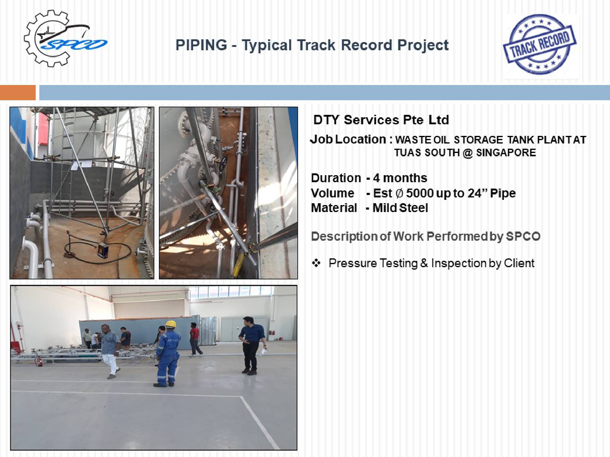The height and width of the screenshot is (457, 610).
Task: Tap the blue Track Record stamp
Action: pos(540,44)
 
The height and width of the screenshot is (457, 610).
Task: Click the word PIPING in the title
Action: pos(201,45)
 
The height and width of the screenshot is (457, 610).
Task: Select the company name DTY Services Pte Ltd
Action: pos(381,120)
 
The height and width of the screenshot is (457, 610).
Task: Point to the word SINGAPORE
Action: pos(506,152)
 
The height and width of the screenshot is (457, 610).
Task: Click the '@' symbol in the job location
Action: pos(468,153)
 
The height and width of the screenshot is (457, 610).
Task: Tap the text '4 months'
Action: pos(400,178)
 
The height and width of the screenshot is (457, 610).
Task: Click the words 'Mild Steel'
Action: pos(400,208)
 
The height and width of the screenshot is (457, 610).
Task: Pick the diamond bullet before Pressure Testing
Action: pos(316,263)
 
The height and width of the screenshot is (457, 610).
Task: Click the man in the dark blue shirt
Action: pos(251,345)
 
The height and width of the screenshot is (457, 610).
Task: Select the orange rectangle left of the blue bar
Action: pos(18,92)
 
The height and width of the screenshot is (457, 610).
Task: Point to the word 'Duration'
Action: pos(336,178)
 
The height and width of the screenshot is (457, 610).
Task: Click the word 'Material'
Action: pos(334,208)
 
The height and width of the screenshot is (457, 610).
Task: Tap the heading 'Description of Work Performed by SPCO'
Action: pos(425,236)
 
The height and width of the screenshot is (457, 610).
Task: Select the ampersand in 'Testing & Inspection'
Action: pos(424,263)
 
